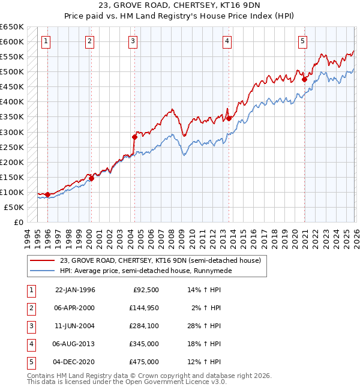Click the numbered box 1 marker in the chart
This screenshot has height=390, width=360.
[46, 41]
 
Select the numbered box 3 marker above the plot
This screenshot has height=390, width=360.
[133, 41]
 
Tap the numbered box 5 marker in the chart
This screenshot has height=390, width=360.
[302, 41]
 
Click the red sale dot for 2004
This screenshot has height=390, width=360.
[134, 137]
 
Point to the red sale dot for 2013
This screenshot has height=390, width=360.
[229, 118]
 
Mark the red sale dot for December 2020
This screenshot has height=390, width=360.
[304, 79]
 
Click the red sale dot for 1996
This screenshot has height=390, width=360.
[47, 194]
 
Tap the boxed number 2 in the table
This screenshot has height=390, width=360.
[31, 308]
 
